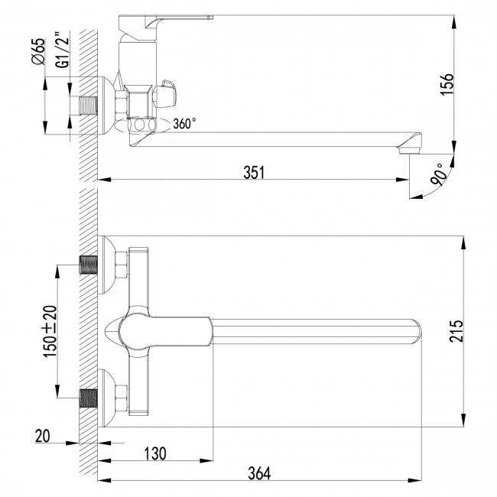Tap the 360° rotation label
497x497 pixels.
184,122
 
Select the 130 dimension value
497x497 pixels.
154,453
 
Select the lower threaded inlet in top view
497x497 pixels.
91,397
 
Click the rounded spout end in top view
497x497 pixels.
415,330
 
